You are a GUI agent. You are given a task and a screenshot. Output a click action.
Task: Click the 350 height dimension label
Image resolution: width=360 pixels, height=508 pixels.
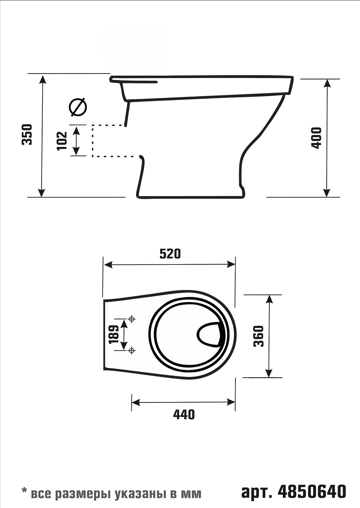point(27,134)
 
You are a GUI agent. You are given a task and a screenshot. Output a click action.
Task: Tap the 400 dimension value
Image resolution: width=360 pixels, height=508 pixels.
point(316,138)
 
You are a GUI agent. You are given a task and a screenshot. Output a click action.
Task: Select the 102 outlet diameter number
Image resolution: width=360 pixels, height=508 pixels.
point(62,141)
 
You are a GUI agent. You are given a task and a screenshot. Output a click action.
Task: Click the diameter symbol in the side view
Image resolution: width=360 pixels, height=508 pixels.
point(78,107)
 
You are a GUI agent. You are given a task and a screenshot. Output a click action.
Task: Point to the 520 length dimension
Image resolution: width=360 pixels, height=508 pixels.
point(170,254)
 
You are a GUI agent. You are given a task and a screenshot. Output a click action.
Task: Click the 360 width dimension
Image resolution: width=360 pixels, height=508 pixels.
point(259,339)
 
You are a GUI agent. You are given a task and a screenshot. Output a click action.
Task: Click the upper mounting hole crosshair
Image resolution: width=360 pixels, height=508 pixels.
point(131,319)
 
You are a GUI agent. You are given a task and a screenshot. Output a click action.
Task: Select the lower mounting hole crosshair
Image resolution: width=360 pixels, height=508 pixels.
point(131,351)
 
